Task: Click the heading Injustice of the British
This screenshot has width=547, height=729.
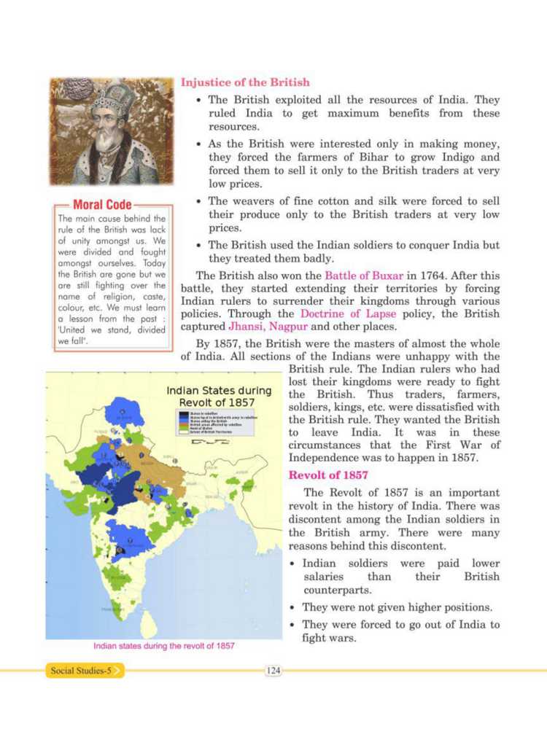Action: point(244,82)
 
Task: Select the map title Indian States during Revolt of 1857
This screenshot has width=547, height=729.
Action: point(217,397)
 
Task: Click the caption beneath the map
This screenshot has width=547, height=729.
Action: point(163,646)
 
